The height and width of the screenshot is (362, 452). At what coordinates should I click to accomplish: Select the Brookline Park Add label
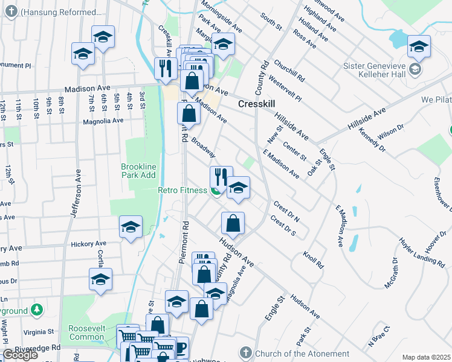pos(138,171)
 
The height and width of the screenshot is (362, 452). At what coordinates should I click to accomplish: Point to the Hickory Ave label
pos(88,244)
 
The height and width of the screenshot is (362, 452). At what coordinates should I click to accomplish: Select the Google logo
pos(20,355)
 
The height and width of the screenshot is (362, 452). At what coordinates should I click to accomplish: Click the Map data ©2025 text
pos(426,357)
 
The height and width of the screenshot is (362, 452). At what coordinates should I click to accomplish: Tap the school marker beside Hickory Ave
pos(131,228)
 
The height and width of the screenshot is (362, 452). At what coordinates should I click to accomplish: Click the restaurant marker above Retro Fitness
pos(221,177)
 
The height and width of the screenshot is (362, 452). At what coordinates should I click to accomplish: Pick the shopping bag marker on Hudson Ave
pos(233,224)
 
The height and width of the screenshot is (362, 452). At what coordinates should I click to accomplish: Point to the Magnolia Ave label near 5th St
pos(103,120)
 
